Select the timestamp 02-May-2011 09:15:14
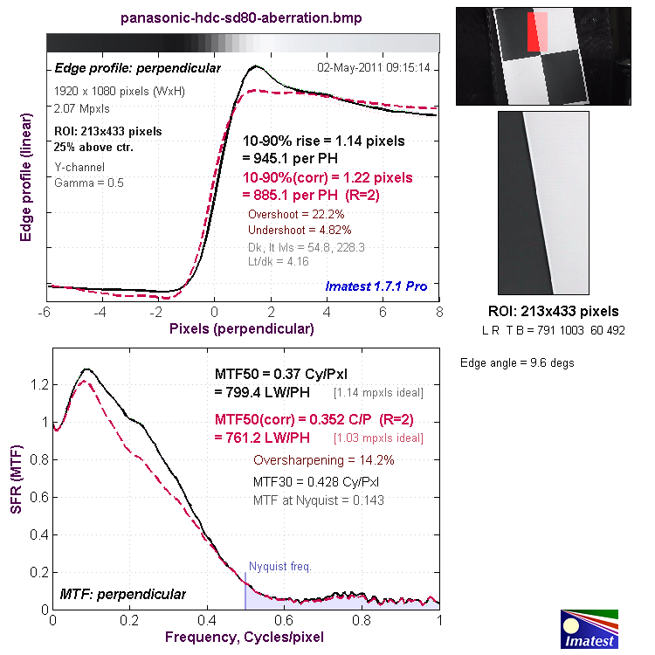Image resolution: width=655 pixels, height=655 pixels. [x=379, y=67]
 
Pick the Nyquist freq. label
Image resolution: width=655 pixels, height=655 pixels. [x=279, y=566]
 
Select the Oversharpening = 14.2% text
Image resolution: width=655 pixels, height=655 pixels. [x=323, y=460]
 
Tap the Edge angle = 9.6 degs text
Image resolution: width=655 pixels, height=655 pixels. [x=517, y=363]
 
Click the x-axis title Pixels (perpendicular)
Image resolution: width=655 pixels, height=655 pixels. [x=242, y=328]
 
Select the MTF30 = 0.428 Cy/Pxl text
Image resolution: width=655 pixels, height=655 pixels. [x=317, y=481]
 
